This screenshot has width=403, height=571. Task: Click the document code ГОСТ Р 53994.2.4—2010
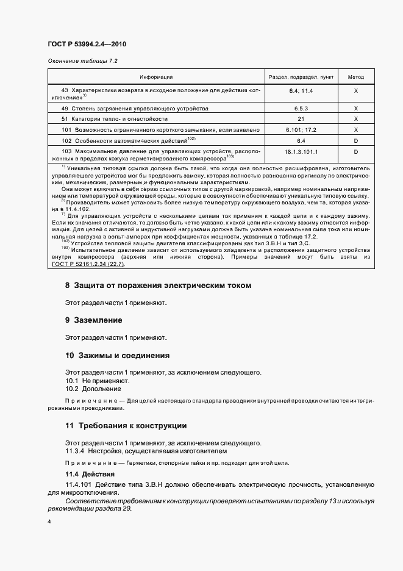pos(86,45)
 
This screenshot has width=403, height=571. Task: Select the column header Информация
pos(156,77)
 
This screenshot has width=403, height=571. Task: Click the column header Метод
pos(356,77)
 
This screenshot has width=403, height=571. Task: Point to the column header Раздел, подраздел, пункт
pos(301,77)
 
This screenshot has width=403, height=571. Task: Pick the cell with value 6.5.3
pos(301,108)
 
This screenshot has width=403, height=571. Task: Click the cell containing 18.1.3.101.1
pos(301,151)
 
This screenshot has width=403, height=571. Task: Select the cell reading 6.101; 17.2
pos(301,130)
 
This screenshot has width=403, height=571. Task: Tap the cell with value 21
pos(301,119)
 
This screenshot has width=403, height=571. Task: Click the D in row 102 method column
pos(356,140)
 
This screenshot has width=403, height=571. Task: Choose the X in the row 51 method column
pos(356,119)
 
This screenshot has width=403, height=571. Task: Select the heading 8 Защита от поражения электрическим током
pos(158,285)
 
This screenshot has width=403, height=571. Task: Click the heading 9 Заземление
pos(94,320)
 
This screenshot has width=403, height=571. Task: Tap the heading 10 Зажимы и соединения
pos(117,355)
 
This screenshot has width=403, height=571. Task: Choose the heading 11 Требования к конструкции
pos(126,425)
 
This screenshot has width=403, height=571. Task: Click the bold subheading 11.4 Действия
pos(88,474)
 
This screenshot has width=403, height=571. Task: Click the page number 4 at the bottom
pos(49,522)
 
